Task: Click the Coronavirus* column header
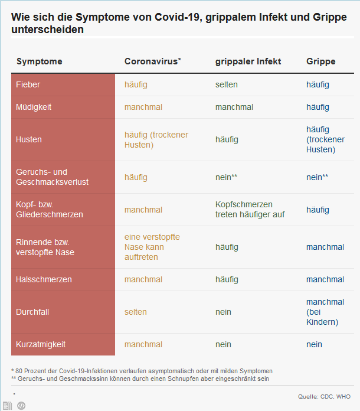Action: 153,61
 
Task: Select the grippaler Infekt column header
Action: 248,61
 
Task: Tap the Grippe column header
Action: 320,61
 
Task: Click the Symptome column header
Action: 39,61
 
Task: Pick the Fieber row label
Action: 28,84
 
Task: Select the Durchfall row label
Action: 32,312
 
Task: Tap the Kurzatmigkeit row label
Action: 41,344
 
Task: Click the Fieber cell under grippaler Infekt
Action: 227,84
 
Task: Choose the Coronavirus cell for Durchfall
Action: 136,312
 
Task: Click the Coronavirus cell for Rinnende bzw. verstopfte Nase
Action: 152,247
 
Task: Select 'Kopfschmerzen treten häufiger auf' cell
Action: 250,209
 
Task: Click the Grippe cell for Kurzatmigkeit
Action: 315,344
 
